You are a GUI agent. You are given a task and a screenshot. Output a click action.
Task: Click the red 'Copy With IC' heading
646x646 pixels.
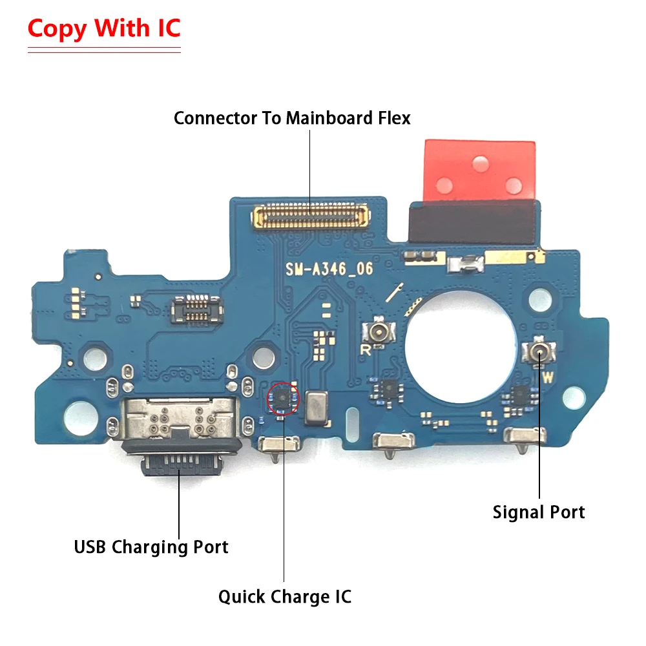[x=104, y=28]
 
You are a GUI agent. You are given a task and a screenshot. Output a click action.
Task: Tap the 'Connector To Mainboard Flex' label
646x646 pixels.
[x=292, y=118]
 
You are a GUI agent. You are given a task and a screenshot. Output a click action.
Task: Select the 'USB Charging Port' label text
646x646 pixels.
[x=151, y=547]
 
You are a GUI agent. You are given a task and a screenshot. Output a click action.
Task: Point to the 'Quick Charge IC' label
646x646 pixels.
[x=285, y=596]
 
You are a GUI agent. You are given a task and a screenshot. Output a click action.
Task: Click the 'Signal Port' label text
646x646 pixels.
[x=539, y=512]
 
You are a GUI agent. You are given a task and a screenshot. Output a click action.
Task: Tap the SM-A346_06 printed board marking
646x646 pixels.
[x=329, y=269]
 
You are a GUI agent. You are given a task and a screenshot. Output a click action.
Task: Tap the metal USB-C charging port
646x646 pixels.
[x=178, y=439]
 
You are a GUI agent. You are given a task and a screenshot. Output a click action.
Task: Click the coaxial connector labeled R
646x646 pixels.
[x=377, y=333]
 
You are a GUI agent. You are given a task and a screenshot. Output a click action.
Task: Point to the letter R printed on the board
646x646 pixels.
[x=366, y=351]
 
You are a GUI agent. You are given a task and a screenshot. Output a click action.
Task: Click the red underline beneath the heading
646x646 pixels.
[x=104, y=50]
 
